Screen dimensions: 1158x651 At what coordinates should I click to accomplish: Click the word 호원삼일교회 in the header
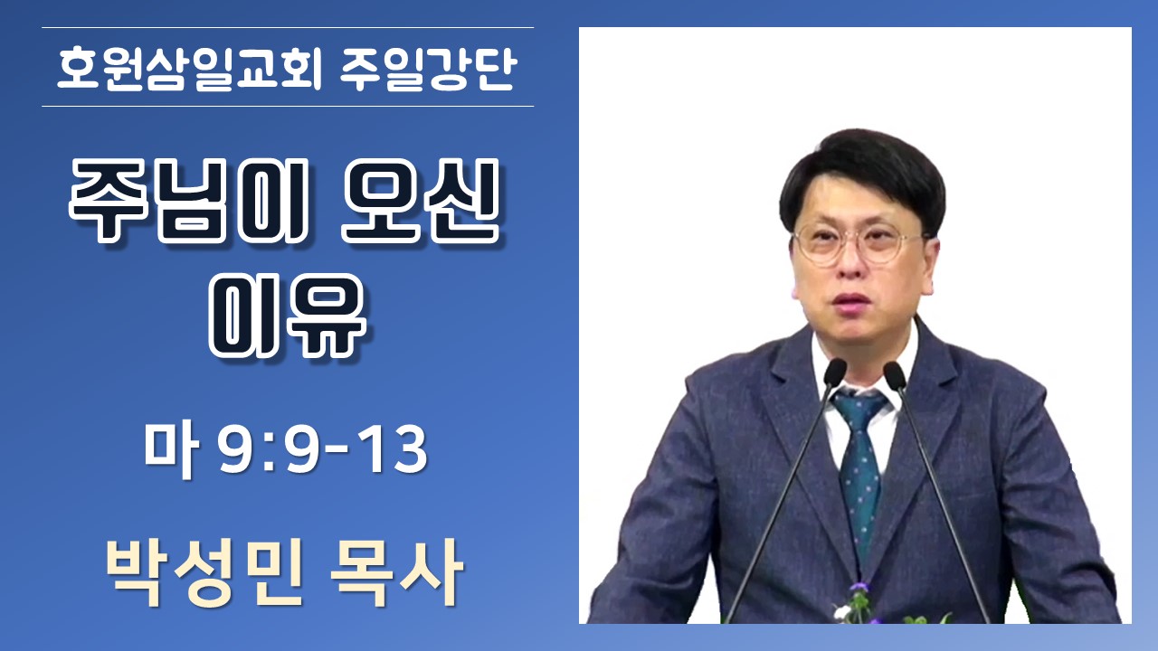click(189, 70)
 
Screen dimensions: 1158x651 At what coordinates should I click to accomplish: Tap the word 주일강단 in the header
click(429, 70)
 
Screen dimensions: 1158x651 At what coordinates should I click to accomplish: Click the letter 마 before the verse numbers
click(171, 448)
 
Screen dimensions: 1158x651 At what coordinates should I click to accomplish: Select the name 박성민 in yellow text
click(204, 572)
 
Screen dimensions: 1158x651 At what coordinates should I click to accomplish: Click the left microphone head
click(833, 372)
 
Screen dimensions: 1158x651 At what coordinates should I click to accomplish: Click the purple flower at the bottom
click(860, 588)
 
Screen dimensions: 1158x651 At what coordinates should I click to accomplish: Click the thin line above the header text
click(288, 27)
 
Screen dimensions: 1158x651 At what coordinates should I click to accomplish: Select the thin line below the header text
click(288, 107)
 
